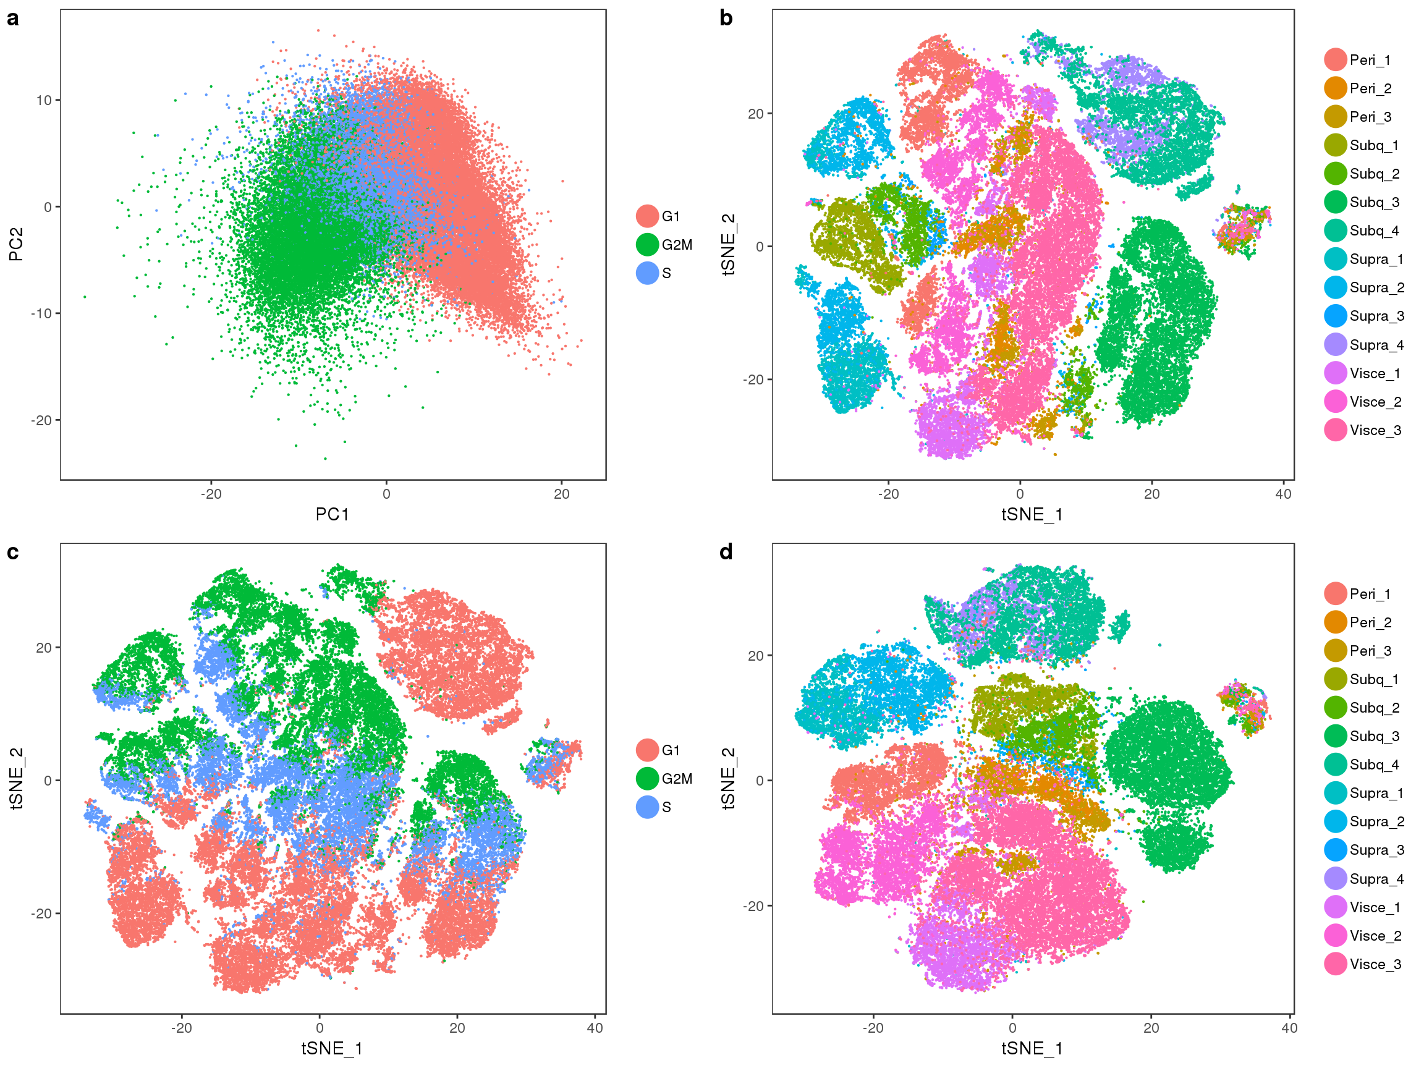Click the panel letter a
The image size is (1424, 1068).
pos(13,19)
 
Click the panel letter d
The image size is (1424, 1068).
pos(726,552)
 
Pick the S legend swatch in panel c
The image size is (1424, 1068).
pos(647,807)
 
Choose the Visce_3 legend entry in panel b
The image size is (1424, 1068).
pos(1362,430)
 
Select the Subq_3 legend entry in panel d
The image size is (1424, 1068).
pos(1362,736)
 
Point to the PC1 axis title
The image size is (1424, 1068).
pos(332,514)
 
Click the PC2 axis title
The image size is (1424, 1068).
pos(16,244)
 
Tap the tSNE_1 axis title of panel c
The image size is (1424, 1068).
pos(332,1049)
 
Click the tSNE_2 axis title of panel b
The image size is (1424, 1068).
pos(728,244)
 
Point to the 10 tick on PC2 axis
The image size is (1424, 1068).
pos(44,100)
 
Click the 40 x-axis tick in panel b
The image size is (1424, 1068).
pos(1283,494)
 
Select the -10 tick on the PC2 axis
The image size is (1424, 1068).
pos(42,313)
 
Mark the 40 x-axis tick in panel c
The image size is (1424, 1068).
pos(595,1028)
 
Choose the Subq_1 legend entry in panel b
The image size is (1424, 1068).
pos(1361,145)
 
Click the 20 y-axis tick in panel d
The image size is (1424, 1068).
pos(756,655)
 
